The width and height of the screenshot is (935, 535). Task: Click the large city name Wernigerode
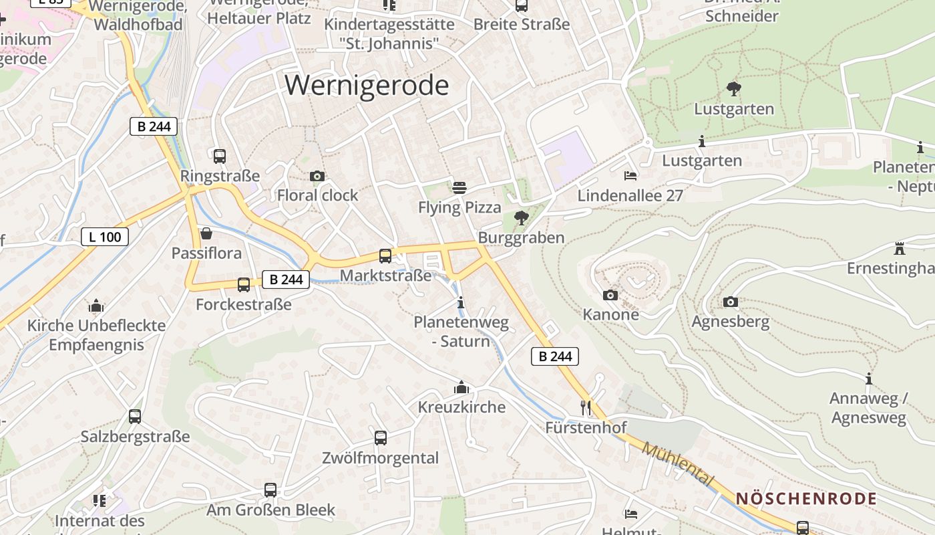(367, 86)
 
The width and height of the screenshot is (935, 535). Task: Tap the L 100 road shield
(105, 236)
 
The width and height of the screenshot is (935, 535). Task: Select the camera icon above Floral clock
(317, 176)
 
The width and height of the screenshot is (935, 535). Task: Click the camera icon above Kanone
(610, 295)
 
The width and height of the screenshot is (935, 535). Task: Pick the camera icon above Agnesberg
(731, 302)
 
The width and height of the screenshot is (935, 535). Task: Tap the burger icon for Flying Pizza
(459, 188)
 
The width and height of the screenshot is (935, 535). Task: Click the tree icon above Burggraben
(521, 218)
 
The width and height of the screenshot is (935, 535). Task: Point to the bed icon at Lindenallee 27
(630, 176)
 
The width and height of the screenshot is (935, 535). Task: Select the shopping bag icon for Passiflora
(206, 234)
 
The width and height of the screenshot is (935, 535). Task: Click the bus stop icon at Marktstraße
(385, 256)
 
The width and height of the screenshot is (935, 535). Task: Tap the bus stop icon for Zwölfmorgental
(381, 438)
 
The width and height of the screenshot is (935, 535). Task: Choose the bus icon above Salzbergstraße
(135, 417)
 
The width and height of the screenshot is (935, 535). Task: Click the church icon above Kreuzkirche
(461, 387)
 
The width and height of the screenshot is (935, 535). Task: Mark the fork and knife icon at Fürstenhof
(586, 407)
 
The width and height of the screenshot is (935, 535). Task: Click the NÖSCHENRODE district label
(806, 499)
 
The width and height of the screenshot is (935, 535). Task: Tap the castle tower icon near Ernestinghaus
(900, 249)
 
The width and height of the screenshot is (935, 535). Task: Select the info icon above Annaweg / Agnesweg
(868, 379)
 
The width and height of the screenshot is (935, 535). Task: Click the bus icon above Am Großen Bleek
(270, 490)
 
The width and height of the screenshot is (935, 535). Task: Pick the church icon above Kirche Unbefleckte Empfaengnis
(96, 306)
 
